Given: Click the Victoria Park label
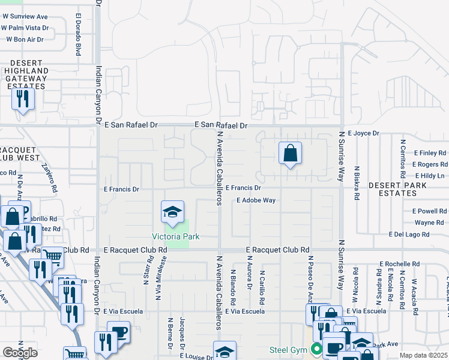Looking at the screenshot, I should tap(175, 237).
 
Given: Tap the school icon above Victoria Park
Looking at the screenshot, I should tap(172, 212).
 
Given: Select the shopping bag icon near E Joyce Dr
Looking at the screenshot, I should tap(290, 153).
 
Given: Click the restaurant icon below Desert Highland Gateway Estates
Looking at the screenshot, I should tap(23, 99).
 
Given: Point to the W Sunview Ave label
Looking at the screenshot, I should tap(24, 16).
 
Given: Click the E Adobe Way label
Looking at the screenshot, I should tap(256, 200).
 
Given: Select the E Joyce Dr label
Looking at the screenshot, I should tap(363, 133).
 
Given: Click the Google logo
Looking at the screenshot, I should tap(20, 352).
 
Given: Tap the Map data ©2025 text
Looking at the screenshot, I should tap(424, 356).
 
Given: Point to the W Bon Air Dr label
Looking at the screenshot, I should tap(25, 40).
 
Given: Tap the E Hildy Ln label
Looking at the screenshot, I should tap(429, 175).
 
